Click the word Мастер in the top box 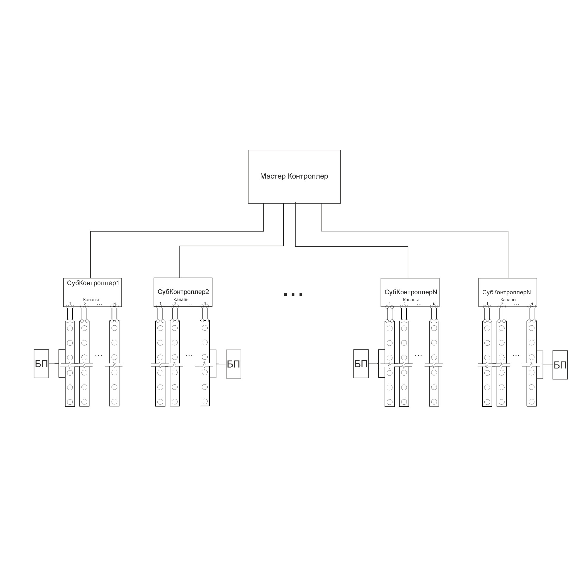click(272, 176)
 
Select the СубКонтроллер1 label click(93, 283)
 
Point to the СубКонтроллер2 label click(183, 292)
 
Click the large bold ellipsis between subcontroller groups click(293, 294)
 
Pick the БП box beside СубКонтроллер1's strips click(41, 364)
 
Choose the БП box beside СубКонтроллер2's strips click(233, 364)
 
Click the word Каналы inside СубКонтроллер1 click(91, 300)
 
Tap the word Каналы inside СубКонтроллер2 click(181, 300)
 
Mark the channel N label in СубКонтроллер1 click(114, 304)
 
